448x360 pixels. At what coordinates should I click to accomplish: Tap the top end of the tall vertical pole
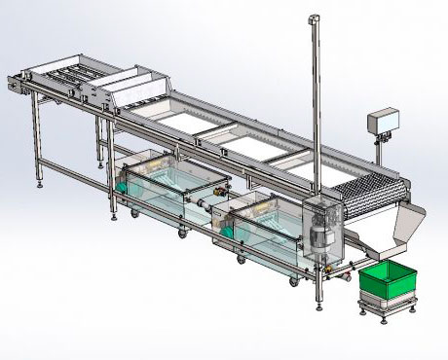click(314, 18)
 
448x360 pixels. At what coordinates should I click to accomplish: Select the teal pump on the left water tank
click(125, 181)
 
